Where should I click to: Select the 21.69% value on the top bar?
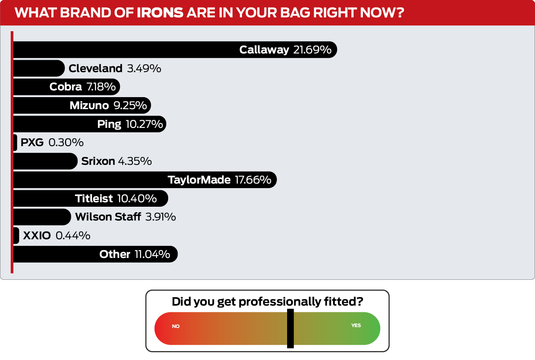tap(312, 49)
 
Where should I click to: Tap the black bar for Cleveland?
tap(39, 68)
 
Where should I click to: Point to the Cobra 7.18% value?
tap(101, 86)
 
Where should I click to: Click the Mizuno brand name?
tap(89, 105)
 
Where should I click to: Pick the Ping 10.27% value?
tap(144, 124)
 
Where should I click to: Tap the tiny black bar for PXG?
tap(15, 143)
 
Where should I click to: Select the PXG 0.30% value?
tap(66, 143)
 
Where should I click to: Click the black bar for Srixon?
tap(45, 161)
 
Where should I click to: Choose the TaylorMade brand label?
tap(199, 180)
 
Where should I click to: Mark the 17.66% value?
tap(253, 180)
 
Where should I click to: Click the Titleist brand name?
tap(94, 198)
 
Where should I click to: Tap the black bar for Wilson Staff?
tap(42, 217)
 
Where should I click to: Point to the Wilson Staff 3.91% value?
tap(160, 217)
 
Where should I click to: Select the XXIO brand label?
tap(37, 236)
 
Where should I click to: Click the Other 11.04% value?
tap(152, 254)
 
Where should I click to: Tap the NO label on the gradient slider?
tap(176, 326)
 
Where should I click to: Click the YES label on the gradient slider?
tap(356, 325)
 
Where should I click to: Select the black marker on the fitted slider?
tap(290, 328)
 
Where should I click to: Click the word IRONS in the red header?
tap(160, 12)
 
